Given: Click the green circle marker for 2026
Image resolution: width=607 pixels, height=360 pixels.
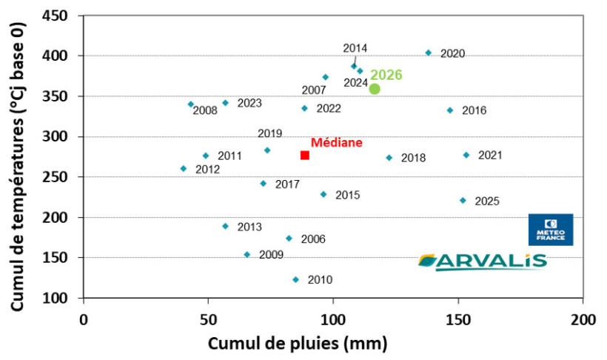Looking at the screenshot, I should (x=375, y=89).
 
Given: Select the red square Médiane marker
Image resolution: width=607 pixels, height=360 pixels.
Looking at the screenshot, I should (x=304, y=155).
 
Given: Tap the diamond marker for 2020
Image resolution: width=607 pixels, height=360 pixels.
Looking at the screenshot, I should (x=428, y=53).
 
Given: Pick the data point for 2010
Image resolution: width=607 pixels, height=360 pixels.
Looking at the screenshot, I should (x=295, y=279).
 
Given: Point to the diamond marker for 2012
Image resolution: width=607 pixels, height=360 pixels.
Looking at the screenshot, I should (x=184, y=169).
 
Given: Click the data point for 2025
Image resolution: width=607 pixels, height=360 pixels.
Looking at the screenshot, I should (x=463, y=200).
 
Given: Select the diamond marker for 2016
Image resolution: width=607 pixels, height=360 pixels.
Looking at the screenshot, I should (x=449, y=110).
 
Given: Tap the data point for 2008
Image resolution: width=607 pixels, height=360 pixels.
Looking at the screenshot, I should (x=190, y=104).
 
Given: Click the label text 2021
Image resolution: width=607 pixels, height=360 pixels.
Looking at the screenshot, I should (x=490, y=155).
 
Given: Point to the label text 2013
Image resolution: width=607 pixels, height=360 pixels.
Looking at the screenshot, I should (x=249, y=227).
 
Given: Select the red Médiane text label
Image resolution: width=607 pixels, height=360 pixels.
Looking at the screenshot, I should (x=336, y=142).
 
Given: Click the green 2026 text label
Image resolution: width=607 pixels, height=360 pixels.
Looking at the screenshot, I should (x=386, y=75).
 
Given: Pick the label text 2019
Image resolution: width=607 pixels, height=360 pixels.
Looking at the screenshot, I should (x=269, y=133).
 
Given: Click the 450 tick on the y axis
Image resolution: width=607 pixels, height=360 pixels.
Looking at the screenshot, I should (x=60, y=16).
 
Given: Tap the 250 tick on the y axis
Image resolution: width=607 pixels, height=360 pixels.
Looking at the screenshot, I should (x=60, y=178).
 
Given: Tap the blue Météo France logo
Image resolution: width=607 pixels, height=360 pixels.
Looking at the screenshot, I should (x=550, y=230).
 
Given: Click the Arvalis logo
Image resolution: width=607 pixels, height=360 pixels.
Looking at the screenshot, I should (x=483, y=261).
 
